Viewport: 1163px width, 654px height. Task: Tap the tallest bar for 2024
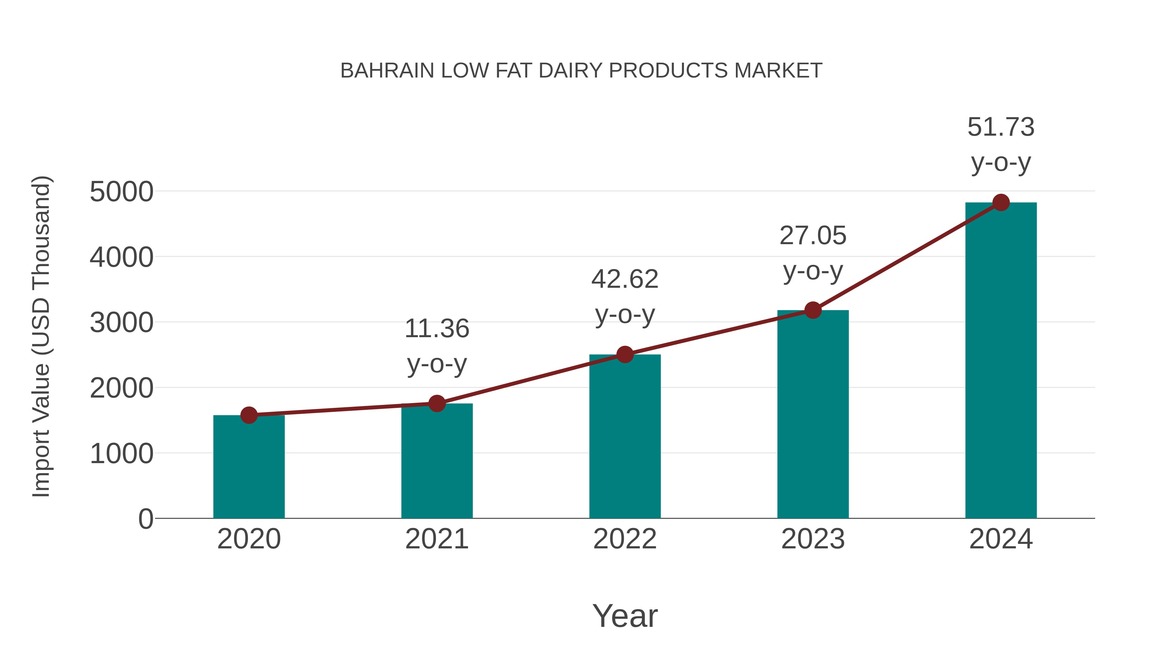[x=1001, y=361]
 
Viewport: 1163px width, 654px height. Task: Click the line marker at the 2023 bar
[x=813, y=310]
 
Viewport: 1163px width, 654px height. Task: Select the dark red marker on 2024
[x=1001, y=202]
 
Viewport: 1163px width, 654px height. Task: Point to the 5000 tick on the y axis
[x=121, y=192]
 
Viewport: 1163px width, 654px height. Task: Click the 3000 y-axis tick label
[x=121, y=323]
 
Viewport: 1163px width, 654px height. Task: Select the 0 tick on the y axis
[x=146, y=519]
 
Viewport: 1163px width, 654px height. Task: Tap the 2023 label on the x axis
[x=813, y=539]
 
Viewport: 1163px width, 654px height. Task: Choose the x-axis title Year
[x=625, y=616]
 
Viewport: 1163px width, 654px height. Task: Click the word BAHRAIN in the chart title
[x=387, y=71]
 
